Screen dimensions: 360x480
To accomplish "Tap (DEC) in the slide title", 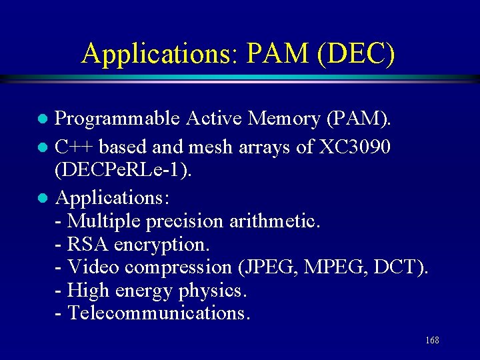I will (x=357, y=53).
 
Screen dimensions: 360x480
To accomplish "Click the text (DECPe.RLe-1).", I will (x=123, y=171).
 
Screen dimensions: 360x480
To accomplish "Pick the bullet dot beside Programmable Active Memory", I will (x=41, y=120).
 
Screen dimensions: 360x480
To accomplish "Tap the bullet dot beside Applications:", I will (x=41, y=198).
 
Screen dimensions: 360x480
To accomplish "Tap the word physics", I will (x=213, y=291).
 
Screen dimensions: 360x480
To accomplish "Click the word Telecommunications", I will (x=159, y=313).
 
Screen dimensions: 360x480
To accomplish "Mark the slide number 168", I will (x=432, y=341).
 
